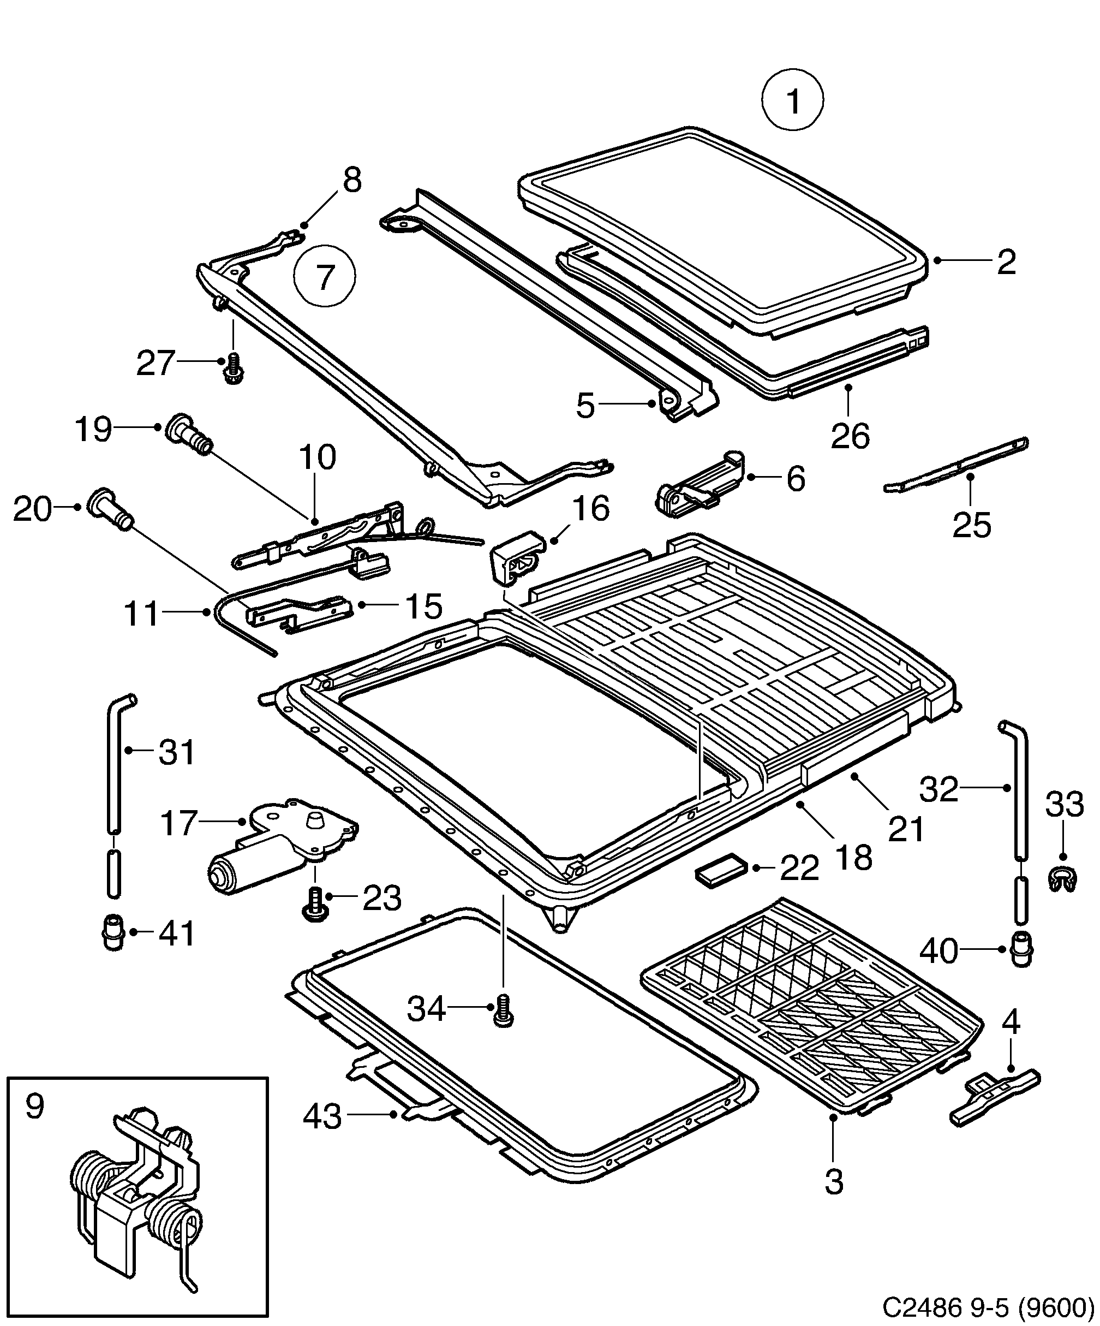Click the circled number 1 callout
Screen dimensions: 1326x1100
(x=792, y=101)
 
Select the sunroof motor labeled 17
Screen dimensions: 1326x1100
(x=281, y=846)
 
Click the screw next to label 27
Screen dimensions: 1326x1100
(x=234, y=368)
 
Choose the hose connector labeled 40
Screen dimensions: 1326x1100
(x=1021, y=967)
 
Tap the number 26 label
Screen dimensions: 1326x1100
(x=850, y=436)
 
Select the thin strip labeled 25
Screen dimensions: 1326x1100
(x=956, y=467)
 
